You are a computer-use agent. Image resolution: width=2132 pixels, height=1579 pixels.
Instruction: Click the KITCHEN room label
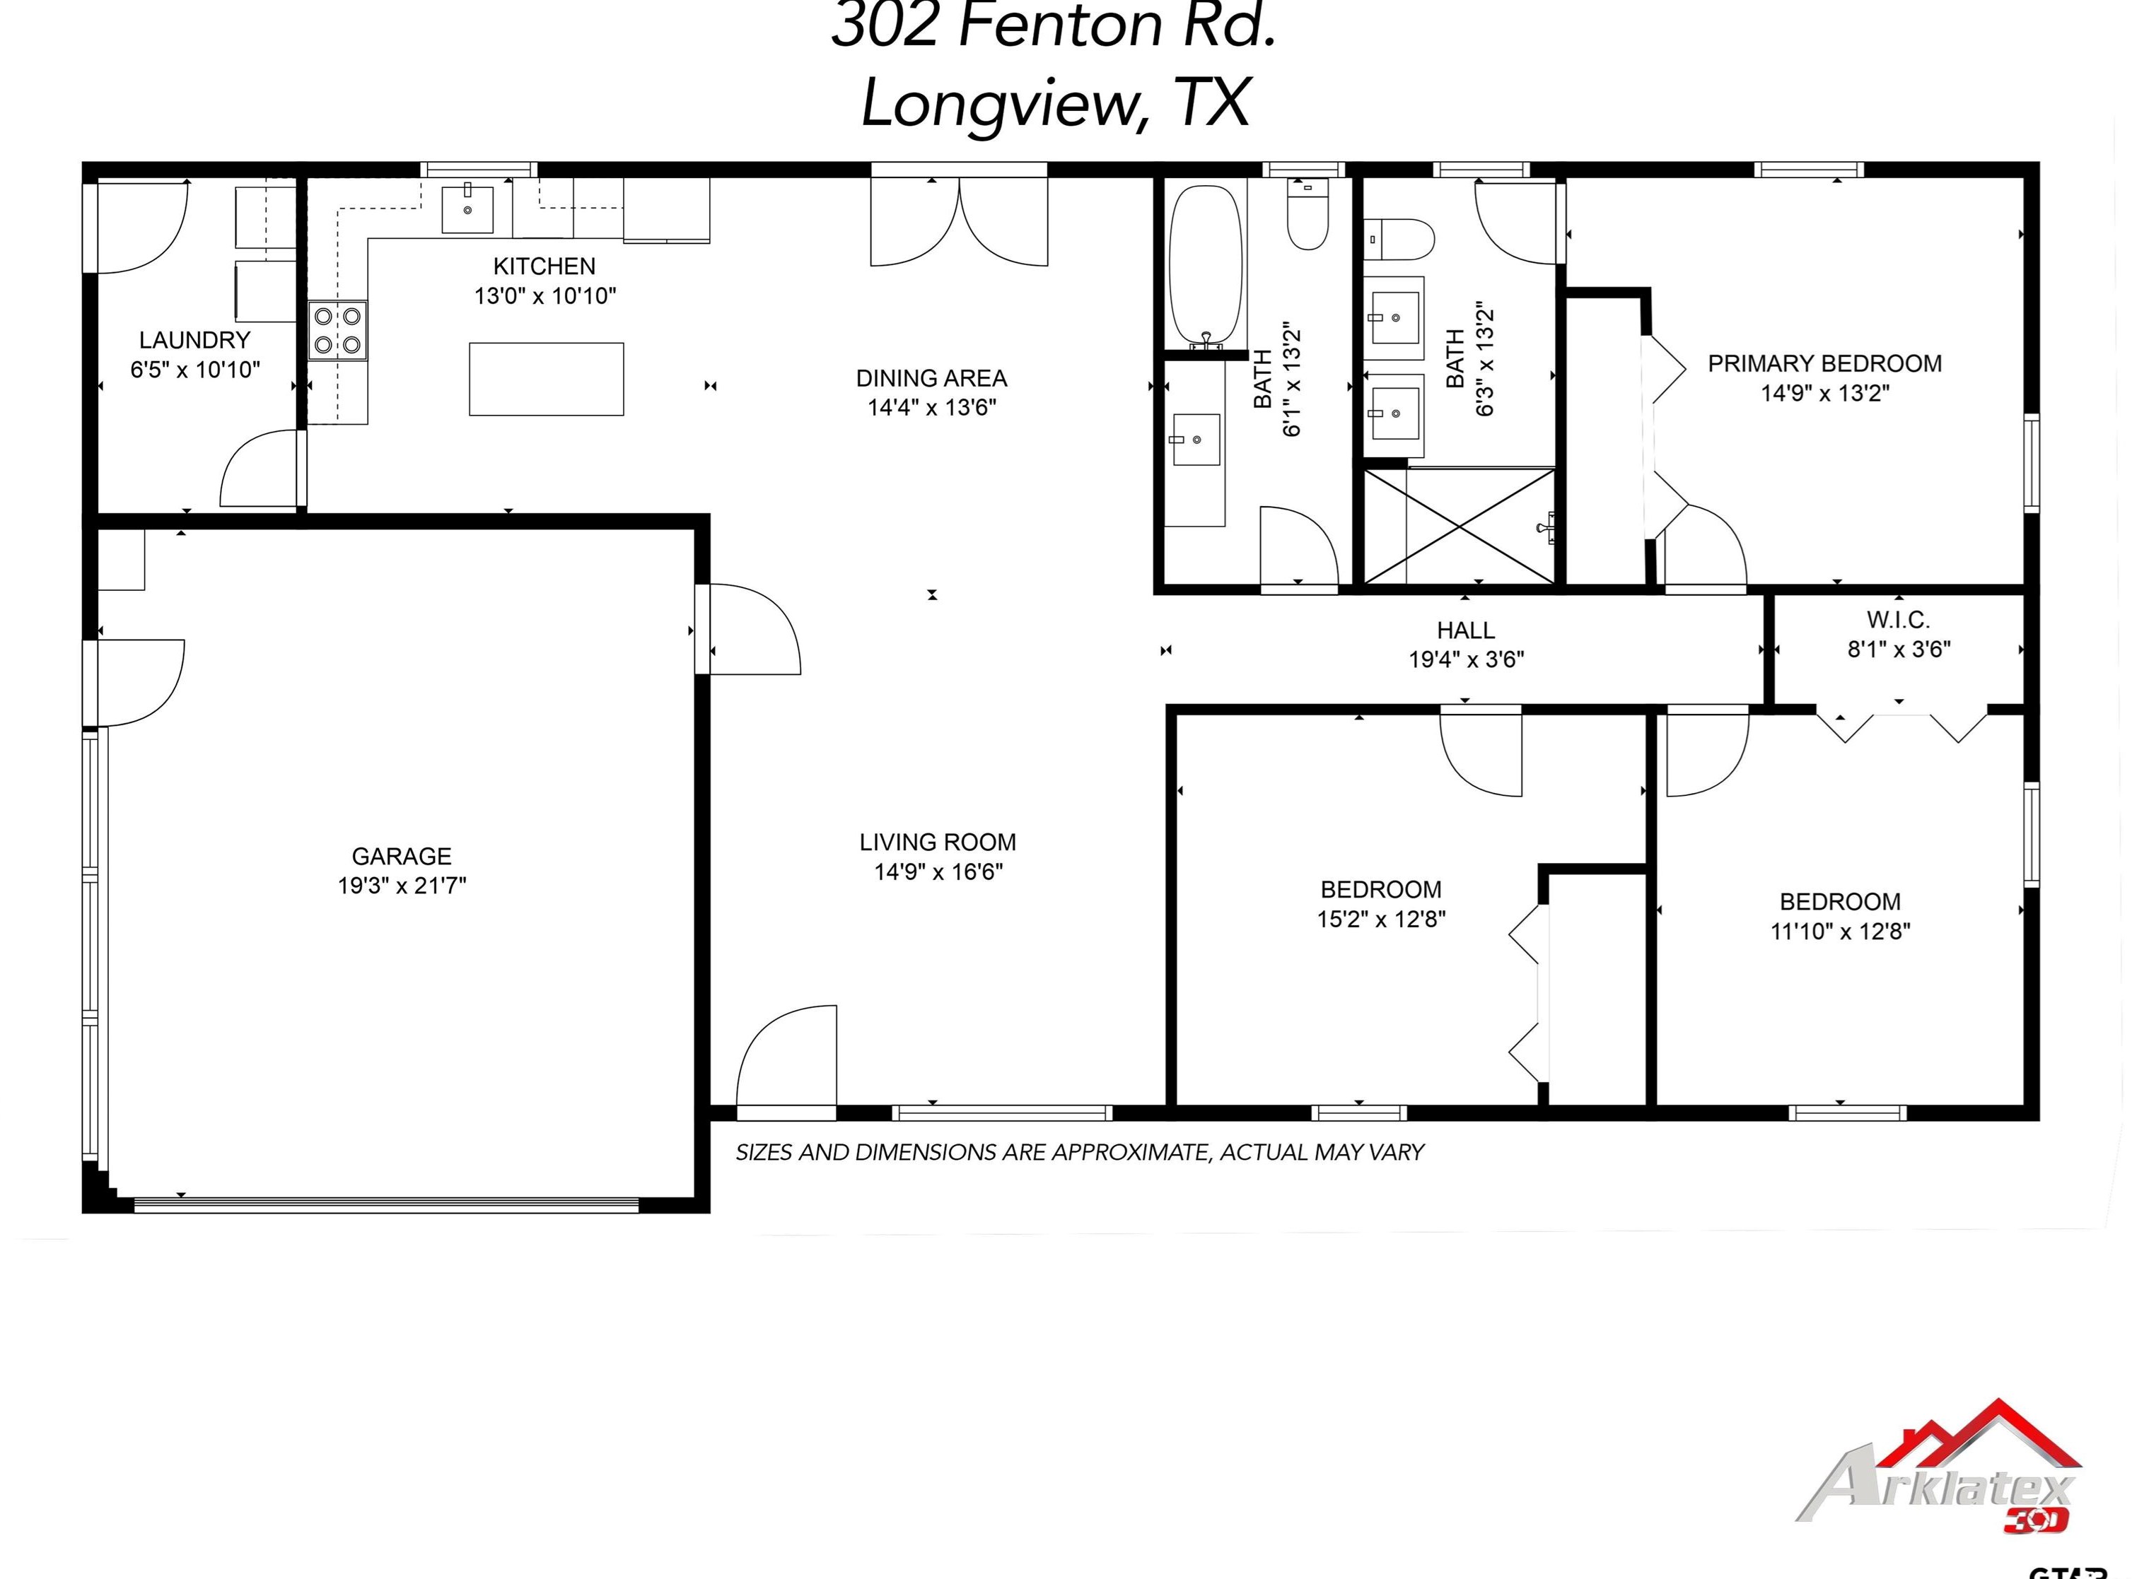coord(544,266)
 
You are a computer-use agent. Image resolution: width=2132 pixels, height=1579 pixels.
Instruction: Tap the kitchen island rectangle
coord(546,380)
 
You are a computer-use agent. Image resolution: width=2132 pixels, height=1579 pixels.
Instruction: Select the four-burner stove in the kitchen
coord(337,330)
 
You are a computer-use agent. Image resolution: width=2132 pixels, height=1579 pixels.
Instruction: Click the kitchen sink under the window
coord(467,209)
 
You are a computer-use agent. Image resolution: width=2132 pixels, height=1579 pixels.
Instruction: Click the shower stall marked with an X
coord(1459,526)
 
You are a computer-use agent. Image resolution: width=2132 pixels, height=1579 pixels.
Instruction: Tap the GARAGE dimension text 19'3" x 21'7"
coord(402,885)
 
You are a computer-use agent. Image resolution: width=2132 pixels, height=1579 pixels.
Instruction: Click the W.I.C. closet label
coord(1898,621)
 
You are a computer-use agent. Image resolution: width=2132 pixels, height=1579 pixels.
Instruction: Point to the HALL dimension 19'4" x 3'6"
coord(1466,659)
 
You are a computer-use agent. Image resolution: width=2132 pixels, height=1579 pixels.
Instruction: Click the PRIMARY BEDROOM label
coord(1824,363)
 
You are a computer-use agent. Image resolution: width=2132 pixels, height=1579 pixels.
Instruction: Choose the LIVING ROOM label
coord(937,842)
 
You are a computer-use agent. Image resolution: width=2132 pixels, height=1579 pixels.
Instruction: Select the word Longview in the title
coord(1004,103)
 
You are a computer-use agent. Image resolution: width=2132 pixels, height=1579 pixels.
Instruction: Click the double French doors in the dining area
coord(959,225)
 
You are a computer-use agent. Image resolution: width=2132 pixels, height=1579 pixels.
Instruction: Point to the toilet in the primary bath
coord(1399,239)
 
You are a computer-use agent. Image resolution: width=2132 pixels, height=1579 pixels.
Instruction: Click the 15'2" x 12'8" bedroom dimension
coord(1380,919)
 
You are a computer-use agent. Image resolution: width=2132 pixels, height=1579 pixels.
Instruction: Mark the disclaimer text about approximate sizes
coord(1079,1152)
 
